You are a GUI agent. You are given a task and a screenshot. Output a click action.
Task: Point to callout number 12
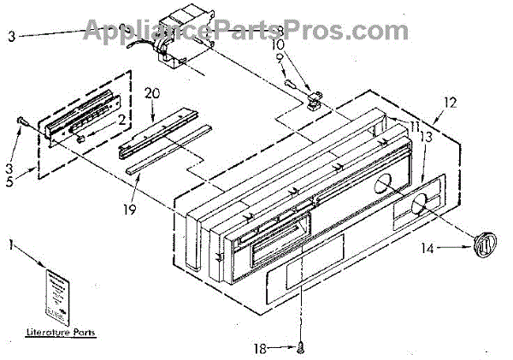(451, 101)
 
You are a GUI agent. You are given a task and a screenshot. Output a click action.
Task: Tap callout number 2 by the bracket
(122, 119)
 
